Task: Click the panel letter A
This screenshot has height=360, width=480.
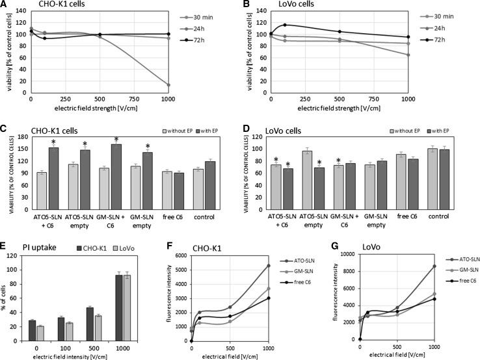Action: point(5,6)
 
